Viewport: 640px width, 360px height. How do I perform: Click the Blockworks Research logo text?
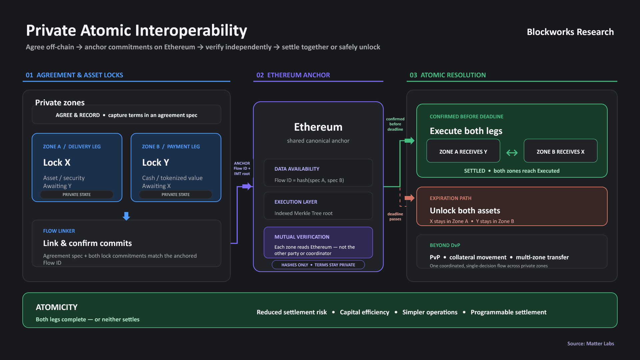pos(570,32)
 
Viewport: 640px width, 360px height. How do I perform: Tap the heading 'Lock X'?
pos(57,162)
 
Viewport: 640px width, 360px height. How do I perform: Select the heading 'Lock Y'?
pos(156,162)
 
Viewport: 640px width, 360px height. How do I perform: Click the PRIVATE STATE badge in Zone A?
pos(77,195)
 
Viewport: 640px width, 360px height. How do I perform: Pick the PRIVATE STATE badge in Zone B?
pos(176,195)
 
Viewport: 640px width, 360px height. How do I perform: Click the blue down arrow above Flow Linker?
pos(126,216)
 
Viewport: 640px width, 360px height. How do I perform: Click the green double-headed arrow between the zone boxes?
pos(512,153)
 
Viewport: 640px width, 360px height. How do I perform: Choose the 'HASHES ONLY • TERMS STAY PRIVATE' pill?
pos(318,265)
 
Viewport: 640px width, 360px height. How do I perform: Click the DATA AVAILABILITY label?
pos(297,169)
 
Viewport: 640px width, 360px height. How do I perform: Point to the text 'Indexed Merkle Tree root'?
pos(303,213)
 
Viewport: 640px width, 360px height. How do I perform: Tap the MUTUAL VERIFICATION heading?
pos(302,237)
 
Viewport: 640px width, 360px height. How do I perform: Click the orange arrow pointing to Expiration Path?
pos(410,198)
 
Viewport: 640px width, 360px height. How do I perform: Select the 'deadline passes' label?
pos(395,216)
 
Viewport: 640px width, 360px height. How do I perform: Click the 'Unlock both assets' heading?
pos(465,211)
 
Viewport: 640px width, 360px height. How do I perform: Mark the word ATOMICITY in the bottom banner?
pos(57,307)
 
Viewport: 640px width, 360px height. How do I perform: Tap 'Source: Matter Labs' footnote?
pos(591,344)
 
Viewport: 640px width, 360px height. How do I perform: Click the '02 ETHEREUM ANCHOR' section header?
pos(293,75)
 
